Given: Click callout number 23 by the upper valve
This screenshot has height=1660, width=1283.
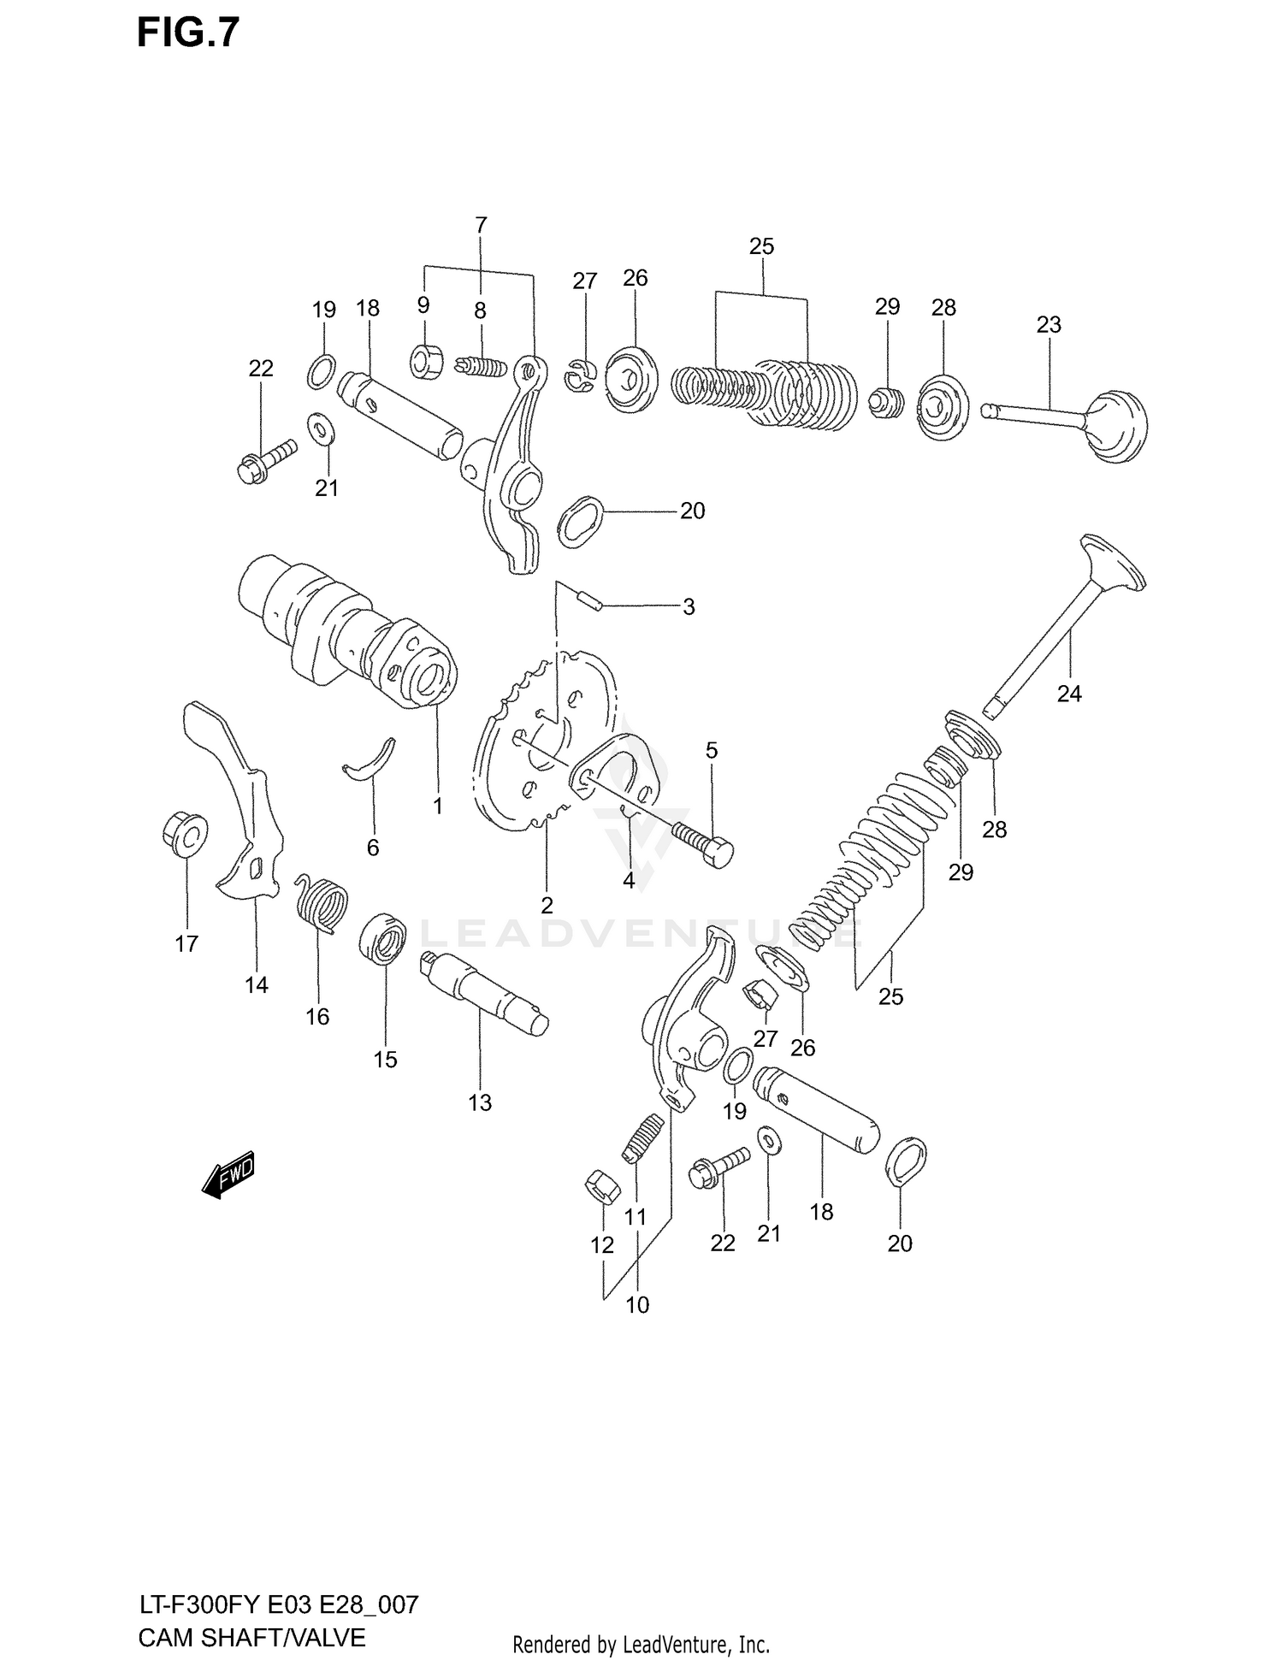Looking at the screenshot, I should [x=1049, y=325].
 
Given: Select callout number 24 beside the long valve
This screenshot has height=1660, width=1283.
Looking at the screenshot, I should [x=1069, y=694].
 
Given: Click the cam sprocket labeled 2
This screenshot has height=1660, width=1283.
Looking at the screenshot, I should [x=513, y=770].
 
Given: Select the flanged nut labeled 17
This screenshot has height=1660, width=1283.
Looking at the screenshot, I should [x=185, y=832].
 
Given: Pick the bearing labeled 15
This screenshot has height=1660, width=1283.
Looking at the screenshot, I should [x=384, y=938].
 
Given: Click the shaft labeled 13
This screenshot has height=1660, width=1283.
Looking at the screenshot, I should [x=483, y=995].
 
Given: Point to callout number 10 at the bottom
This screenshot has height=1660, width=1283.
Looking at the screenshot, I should [x=637, y=1305].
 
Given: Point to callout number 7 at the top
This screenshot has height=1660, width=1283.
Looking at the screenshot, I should [x=481, y=226].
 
